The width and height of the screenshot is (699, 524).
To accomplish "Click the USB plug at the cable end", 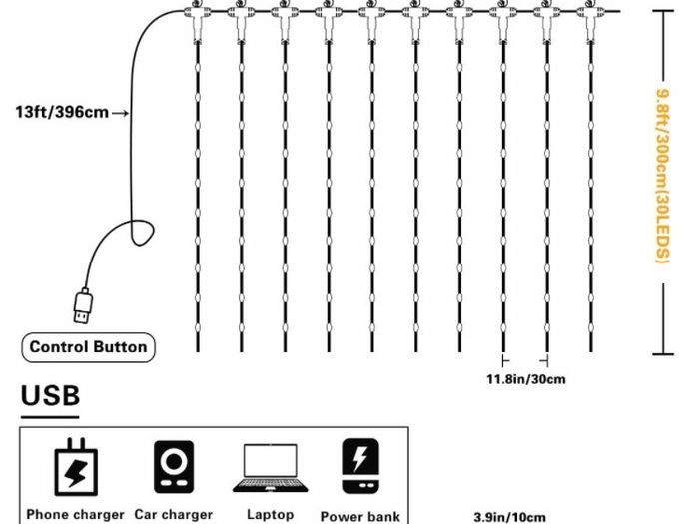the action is point(83,306).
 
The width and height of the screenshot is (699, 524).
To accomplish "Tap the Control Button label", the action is point(88,347).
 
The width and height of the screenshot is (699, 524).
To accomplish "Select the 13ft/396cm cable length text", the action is point(62,112).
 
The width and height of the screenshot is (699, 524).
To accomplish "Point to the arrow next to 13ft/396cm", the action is point(121,113).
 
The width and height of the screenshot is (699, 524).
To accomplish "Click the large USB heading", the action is point(50,395).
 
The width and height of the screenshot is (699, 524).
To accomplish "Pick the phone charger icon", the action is point(76,467).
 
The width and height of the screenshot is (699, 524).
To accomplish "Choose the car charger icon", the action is point(174,467).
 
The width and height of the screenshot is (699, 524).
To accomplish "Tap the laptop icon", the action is point(271,468).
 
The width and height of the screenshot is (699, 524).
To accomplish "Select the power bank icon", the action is point(360,466).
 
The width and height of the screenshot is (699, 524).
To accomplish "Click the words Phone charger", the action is point(75,515).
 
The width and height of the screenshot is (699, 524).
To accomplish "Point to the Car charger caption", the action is point(174,515).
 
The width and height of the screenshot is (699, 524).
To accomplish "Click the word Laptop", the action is point(271,515).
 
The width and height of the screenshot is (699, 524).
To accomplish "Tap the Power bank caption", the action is point(360,516).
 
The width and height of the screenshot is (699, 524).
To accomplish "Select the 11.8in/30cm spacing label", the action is point(526,379).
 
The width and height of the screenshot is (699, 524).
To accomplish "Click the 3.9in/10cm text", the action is point(509,517).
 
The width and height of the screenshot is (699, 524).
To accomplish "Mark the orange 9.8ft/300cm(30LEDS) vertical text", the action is point(663,177).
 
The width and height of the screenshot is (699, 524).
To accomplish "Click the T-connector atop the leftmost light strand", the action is point(197,21).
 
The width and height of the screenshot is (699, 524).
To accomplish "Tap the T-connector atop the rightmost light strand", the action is point(591,21).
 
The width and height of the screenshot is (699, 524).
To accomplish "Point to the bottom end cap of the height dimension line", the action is point(663,354).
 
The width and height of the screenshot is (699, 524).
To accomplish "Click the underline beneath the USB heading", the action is point(50,417).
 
